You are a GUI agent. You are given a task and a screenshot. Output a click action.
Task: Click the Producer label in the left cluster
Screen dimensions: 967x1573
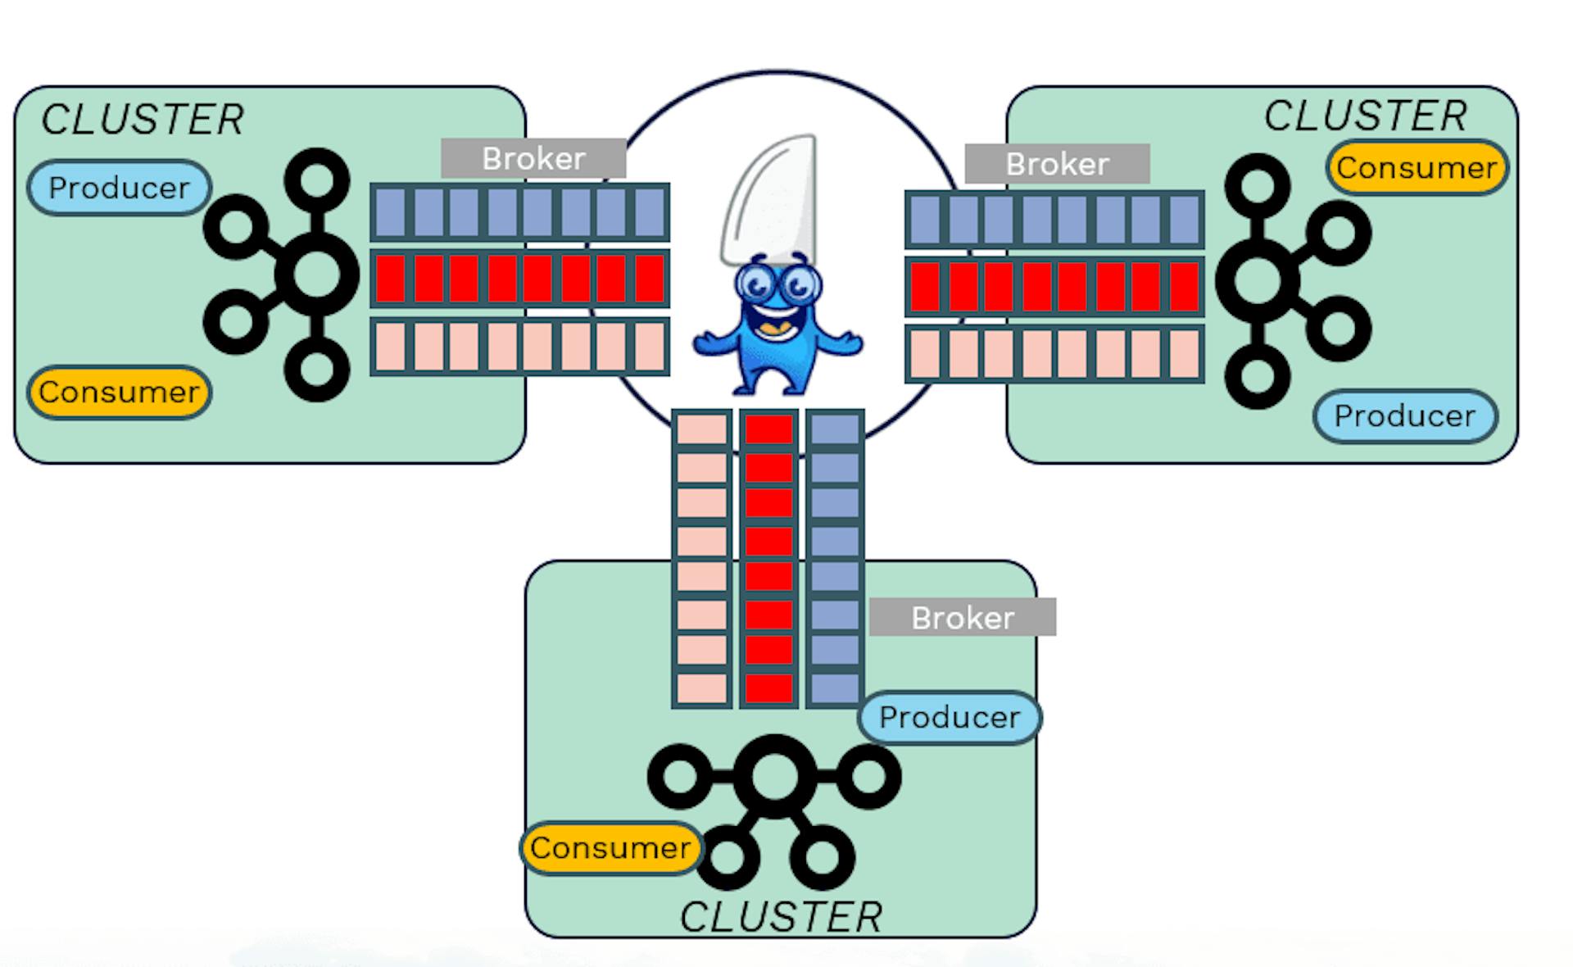pyautogui.click(x=120, y=188)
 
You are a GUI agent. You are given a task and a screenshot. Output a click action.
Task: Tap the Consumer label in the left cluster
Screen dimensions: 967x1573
pyautogui.click(x=120, y=393)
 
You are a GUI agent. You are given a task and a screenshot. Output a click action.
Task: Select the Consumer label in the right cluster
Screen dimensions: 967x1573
pyautogui.click(x=1417, y=168)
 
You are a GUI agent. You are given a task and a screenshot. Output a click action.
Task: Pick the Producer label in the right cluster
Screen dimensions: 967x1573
pyautogui.click(x=1405, y=416)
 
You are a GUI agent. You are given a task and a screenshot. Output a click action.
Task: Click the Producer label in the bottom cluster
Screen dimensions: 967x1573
pyautogui.click(x=950, y=718)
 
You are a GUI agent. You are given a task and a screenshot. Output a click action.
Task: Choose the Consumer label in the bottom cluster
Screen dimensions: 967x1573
pyautogui.click(x=610, y=848)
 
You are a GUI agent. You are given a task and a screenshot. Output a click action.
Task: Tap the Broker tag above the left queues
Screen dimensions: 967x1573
pyautogui.click(x=533, y=159)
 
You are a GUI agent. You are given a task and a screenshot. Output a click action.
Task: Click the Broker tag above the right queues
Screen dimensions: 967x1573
pyautogui.click(x=1057, y=165)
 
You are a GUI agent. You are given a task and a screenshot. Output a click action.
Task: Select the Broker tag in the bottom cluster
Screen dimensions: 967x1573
pyautogui.click(x=963, y=618)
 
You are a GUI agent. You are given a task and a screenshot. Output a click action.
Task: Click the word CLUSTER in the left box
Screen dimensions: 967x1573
pyautogui.click(x=143, y=120)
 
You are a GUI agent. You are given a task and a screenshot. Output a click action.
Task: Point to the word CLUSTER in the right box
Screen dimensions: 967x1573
pyautogui.click(x=1366, y=116)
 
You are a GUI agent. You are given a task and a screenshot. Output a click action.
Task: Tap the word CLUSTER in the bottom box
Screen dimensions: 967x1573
pyautogui.click(x=781, y=917)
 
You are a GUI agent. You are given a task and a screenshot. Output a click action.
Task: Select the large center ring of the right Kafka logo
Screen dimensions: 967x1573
pyautogui.click(x=1258, y=280)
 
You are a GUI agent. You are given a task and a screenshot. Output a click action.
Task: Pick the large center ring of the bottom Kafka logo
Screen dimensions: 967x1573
pyautogui.click(x=774, y=775)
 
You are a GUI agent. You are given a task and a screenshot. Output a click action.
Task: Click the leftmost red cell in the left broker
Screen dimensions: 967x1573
pyautogui.click(x=391, y=279)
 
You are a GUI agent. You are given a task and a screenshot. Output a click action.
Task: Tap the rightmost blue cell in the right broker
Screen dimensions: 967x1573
pyautogui.click(x=1184, y=220)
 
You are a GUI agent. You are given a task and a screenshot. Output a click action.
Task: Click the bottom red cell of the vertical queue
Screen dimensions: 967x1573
pyautogui.click(x=768, y=688)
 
